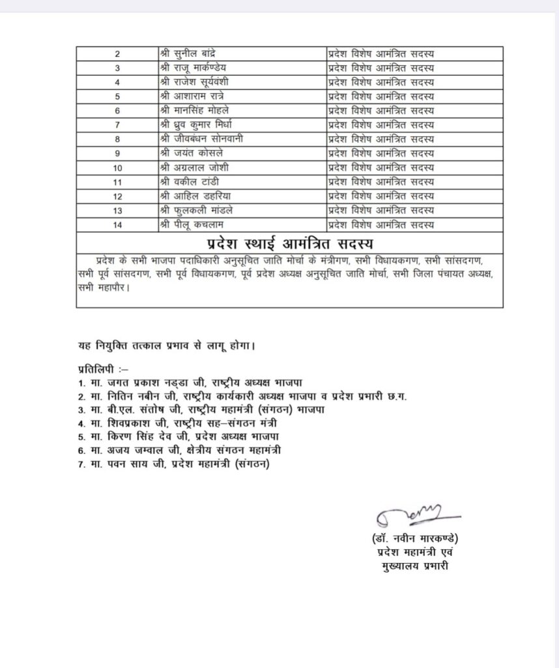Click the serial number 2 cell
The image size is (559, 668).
coord(117,53)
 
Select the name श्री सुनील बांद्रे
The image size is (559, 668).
coord(194,53)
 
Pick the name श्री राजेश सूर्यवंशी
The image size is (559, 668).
coord(200,82)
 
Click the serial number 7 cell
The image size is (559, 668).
coord(117,125)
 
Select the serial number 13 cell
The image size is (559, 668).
coord(117,209)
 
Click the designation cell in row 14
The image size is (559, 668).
coord(380,224)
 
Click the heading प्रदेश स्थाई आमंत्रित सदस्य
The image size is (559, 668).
coord(289,243)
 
